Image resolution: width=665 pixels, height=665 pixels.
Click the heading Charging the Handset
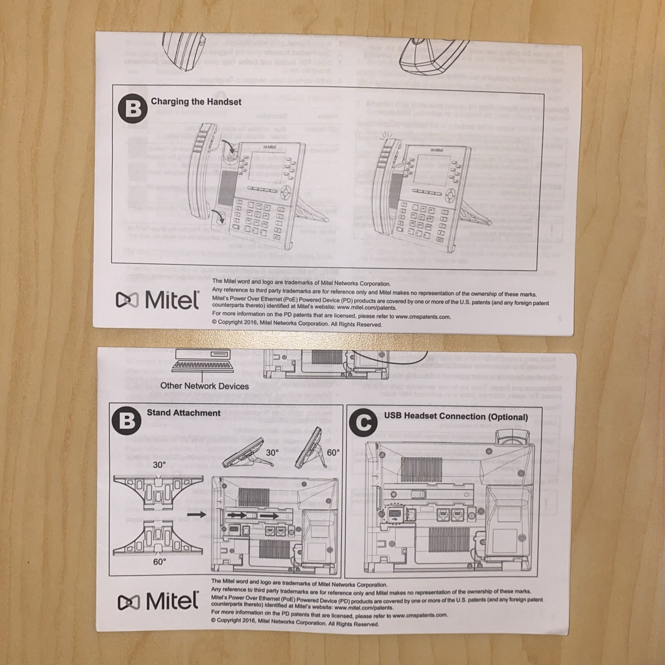pos(196,102)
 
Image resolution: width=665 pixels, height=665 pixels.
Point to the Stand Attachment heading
pos(183,413)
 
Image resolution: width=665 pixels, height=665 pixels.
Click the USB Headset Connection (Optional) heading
pos(456,416)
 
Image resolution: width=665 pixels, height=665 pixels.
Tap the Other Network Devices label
pos(204,386)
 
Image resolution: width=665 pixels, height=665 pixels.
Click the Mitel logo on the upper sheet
pos(158,300)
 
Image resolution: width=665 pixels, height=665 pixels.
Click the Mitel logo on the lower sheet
pos(158,601)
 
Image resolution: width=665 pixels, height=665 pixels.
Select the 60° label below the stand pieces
pos(160,561)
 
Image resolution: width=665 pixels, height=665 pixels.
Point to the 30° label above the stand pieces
pos(160,465)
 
